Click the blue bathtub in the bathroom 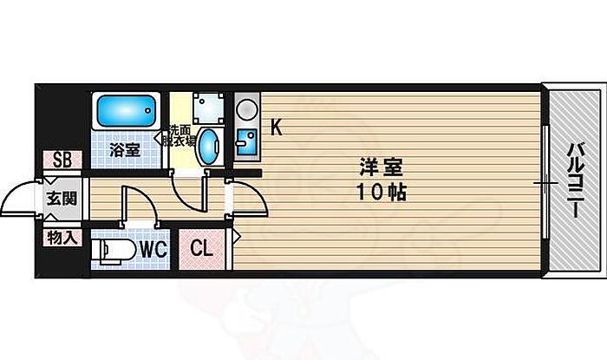pyautogui.click(x=126, y=111)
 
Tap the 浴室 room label pyautogui.click(x=124, y=150)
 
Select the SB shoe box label pyautogui.click(x=62, y=160)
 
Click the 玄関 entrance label pyautogui.click(x=62, y=199)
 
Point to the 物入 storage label pyautogui.click(x=62, y=238)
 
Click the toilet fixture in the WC pyautogui.click(x=114, y=251)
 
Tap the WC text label pyautogui.click(x=153, y=250)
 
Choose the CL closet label pyautogui.click(x=202, y=248)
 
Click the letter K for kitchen pyautogui.click(x=276, y=127)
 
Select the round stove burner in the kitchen pyautogui.click(x=247, y=109)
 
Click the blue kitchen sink pyautogui.click(x=246, y=142)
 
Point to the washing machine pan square pyautogui.click(x=209, y=108)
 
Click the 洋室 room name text pyautogui.click(x=381, y=168)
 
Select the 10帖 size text pyautogui.click(x=382, y=192)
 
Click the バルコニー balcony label pyautogui.click(x=577, y=180)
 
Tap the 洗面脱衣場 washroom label pyautogui.click(x=179, y=135)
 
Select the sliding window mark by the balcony pyautogui.click(x=545, y=182)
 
